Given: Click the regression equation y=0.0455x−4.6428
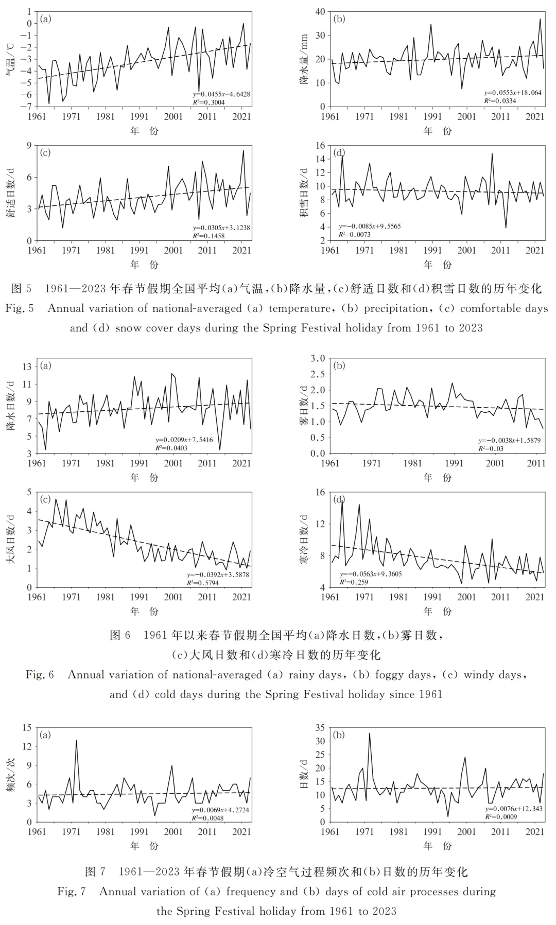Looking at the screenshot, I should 221,94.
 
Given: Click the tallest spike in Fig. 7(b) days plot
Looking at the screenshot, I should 369,734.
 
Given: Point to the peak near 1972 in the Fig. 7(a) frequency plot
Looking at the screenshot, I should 76,741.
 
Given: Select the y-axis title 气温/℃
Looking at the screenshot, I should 10,59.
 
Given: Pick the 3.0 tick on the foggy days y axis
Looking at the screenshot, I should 318,358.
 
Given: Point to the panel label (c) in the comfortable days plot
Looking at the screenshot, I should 46,153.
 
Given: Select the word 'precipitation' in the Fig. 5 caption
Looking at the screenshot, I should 396,308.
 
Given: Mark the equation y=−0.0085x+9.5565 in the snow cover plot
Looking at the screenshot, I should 369,226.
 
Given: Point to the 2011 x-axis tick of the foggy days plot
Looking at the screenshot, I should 536,463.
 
